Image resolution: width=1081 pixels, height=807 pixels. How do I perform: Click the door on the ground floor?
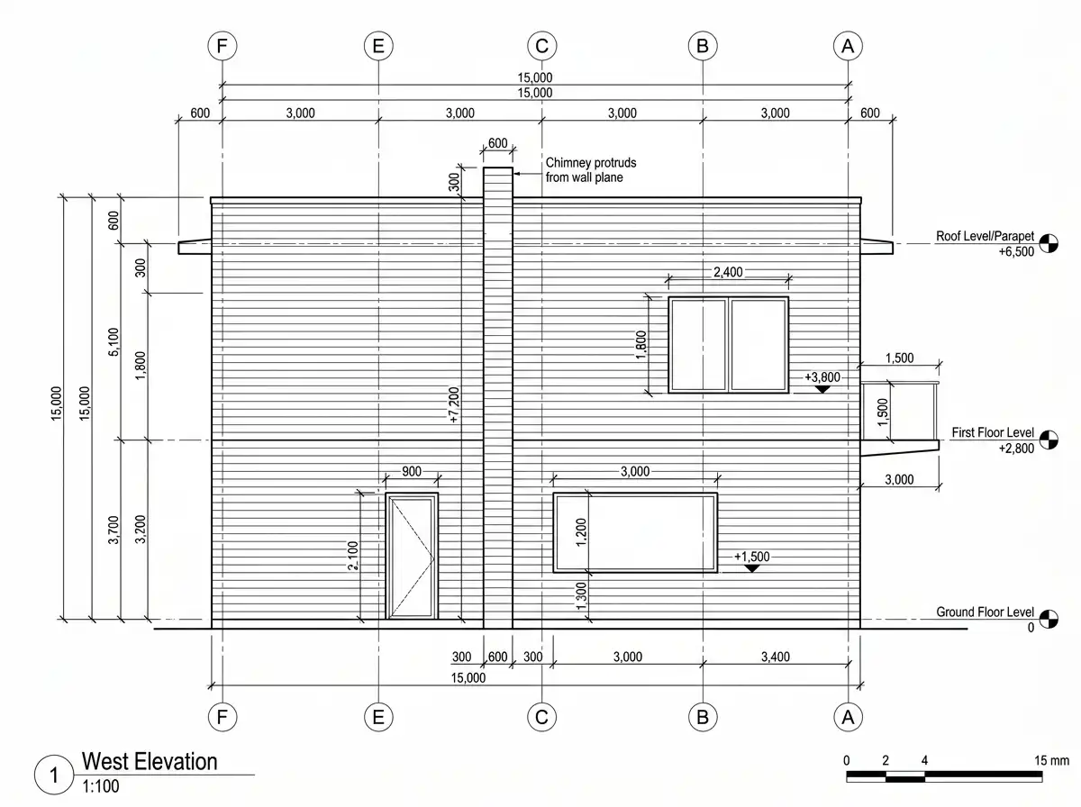pyautogui.click(x=411, y=556)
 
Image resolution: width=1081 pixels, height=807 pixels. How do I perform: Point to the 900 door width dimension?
pyautogui.click(x=411, y=472)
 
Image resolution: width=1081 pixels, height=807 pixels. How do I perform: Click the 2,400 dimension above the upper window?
pyautogui.click(x=728, y=272)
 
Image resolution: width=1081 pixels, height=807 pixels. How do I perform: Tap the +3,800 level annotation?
pyautogui.click(x=822, y=377)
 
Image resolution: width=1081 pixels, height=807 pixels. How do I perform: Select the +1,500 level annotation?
pyautogui.click(x=751, y=557)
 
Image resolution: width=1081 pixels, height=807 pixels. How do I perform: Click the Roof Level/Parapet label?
pyautogui.click(x=985, y=236)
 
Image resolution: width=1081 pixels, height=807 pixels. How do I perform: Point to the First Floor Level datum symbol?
pyautogui.click(x=1049, y=440)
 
